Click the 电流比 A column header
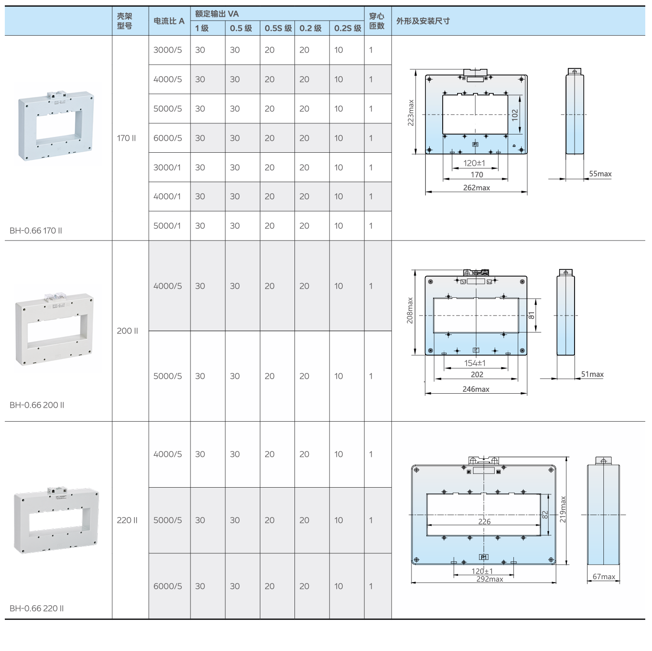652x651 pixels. (169, 21)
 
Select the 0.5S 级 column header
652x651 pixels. (278, 28)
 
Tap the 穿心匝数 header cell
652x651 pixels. (377, 21)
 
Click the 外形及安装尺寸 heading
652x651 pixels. (423, 21)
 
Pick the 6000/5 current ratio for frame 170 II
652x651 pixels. (167, 138)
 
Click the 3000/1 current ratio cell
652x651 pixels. (167, 167)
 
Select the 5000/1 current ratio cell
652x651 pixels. (167, 226)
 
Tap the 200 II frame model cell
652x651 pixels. (128, 331)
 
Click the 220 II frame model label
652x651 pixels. (127, 520)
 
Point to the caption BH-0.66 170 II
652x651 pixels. (36, 230)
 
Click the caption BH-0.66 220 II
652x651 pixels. (37, 608)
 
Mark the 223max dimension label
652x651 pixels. (411, 113)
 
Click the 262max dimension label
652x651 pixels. (476, 188)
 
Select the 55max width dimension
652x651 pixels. (600, 174)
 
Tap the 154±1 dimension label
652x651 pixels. (475, 363)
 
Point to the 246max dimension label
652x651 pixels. (476, 389)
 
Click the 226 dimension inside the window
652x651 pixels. (484, 521)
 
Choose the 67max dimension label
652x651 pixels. (603, 576)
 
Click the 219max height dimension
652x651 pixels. (563, 509)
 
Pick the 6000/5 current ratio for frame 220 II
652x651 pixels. (167, 586)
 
